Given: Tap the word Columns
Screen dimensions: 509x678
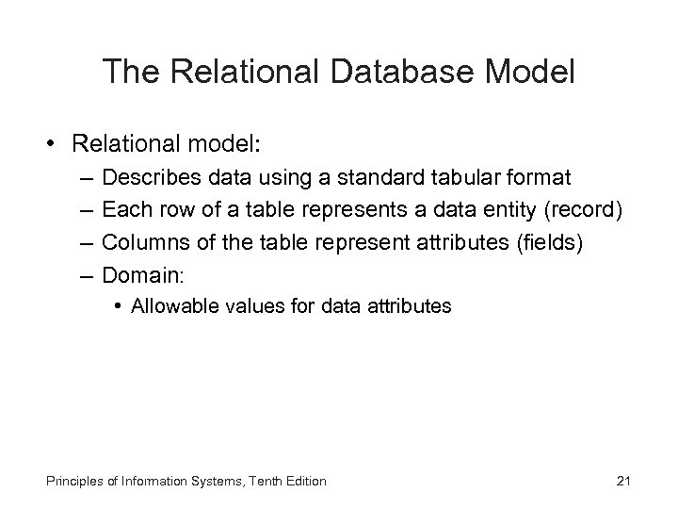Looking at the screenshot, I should [137, 243].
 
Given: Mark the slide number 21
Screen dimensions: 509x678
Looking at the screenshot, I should [622, 481].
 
